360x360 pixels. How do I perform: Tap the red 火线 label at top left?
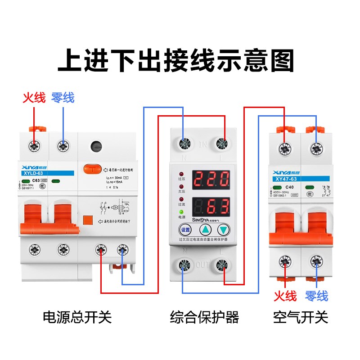(x=34, y=98)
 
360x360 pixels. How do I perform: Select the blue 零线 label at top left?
(x=63, y=98)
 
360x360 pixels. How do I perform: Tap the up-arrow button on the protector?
(x=206, y=229)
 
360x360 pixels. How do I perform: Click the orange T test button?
(x=92, y=169)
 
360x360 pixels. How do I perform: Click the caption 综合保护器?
(x=204, y=317)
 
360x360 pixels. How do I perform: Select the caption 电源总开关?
(x=77, y=317)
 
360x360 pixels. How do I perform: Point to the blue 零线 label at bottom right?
(x=316, y=296)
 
